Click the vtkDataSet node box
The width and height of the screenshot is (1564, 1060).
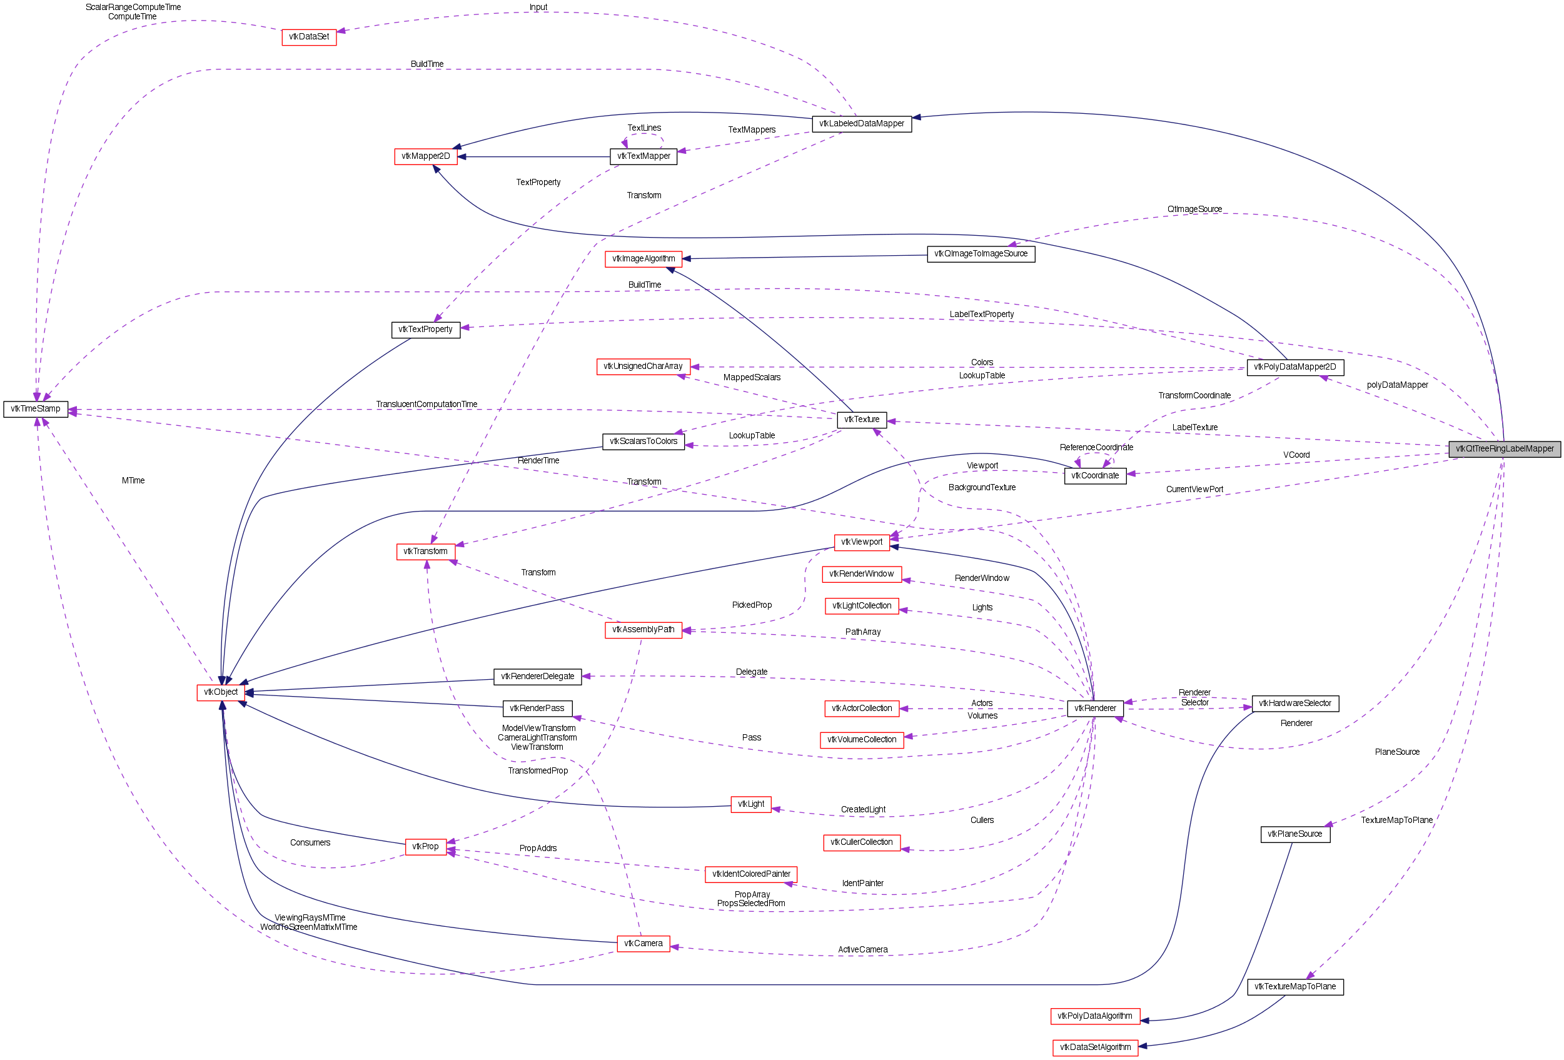(x=309, y=37)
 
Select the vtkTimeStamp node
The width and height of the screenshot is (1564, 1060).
(x=36, y=409)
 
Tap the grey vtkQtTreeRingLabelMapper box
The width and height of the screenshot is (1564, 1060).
(x=1504, y=449)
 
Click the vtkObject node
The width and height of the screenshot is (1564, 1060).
(x=221, y=692)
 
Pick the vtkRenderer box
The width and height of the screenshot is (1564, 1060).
(x=1095, y=709)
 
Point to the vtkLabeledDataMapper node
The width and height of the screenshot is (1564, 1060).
(x=861, y=124)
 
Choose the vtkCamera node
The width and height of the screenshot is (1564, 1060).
(x=643, y=944)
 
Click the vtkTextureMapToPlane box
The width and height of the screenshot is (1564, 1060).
(x=1295, y=987)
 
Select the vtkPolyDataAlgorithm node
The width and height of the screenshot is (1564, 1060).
(x=1095, y=1016)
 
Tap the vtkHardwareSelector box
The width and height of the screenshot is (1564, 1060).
(x=1295, y=704)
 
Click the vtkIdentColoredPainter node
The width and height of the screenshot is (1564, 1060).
(x=751, y=874)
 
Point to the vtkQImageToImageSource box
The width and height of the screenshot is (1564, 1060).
(x=981, y=254)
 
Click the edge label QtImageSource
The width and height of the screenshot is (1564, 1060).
(x=1194, y=209)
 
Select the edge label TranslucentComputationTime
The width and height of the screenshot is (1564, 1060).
(x=426, y=405)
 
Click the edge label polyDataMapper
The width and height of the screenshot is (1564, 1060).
(x=1397, y=385)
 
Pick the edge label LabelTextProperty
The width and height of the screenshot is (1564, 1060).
(x=981, y=315)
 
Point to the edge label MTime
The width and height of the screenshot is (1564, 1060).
(x=133, y=480)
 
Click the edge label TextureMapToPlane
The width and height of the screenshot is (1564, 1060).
(x=1396, y=820)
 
